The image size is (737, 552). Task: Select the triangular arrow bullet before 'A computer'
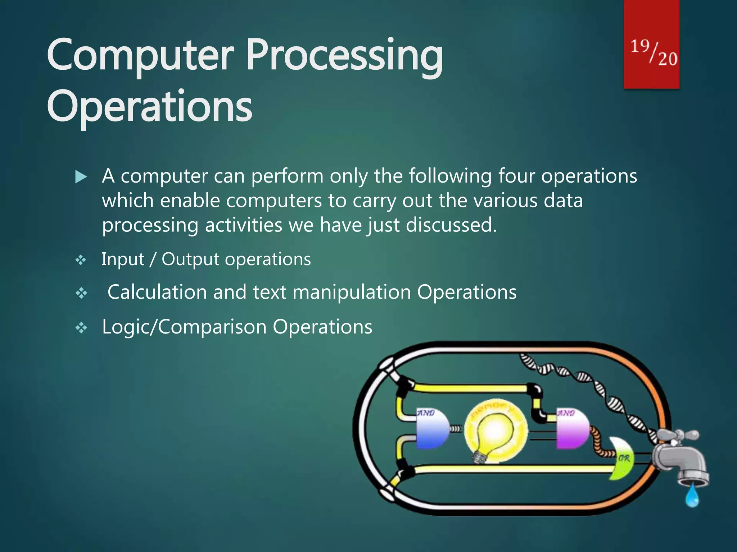81,177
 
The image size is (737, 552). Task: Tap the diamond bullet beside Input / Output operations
81,260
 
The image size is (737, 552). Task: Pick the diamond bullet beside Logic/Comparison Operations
81,327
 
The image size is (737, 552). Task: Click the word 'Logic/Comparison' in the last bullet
184,327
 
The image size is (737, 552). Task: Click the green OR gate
622,458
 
